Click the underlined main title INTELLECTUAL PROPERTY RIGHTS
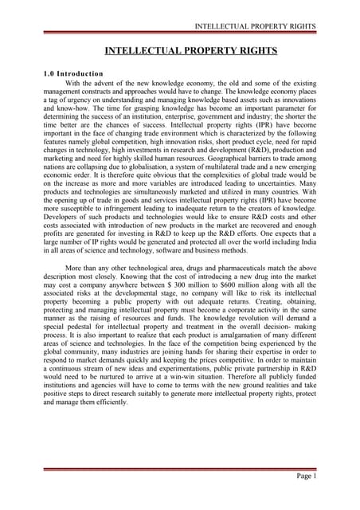click(x=180, y=52)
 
